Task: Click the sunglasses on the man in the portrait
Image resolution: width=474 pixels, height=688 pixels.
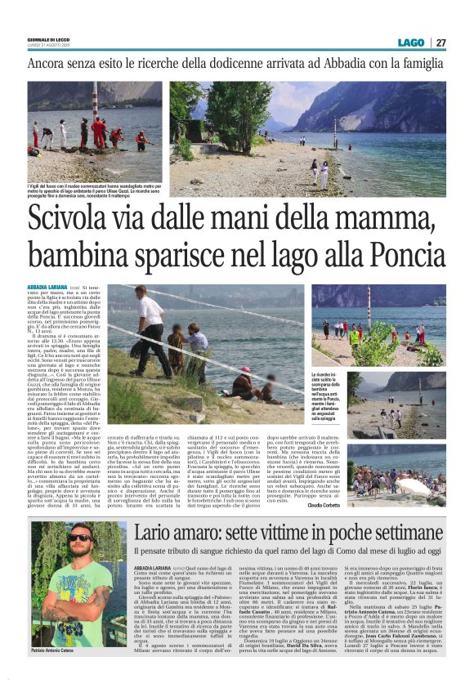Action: pos(79,537)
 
